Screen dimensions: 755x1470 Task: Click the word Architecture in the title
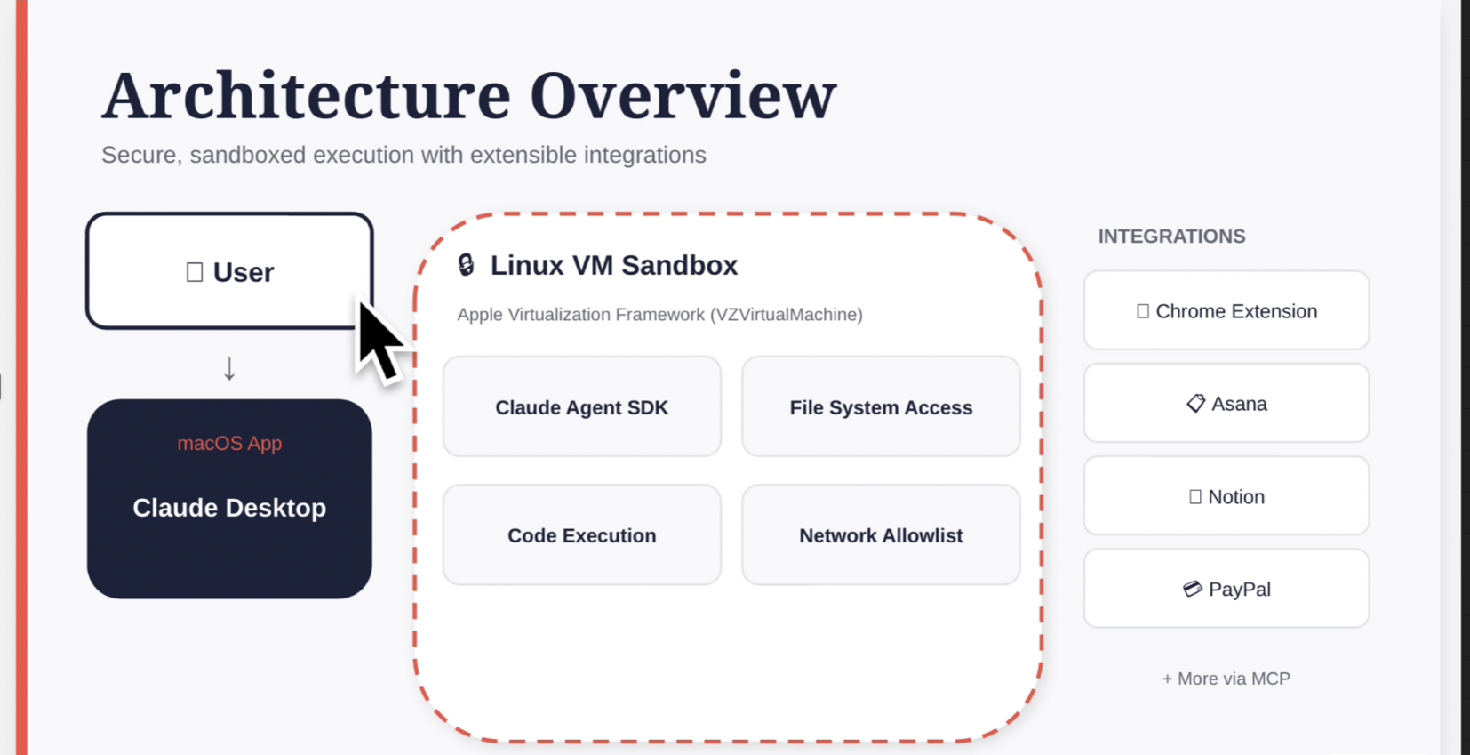pyautogui.click(x=306, y=96)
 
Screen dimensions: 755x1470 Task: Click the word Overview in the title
pyautogui.click(x=683, y=96)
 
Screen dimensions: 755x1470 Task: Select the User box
pyautogui.click(x=229, y=271)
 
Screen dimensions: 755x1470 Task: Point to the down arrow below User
pyautogui.click(x=229, y=368)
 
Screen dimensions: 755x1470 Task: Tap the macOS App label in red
pyautogui.click(x=229, y=443)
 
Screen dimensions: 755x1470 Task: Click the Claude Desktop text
pyautogui.click(x=229, y=508)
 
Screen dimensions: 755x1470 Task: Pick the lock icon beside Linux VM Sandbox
pyautogui.click(x=466, y=265)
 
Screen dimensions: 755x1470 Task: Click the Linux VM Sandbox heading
pyautogui.click(x=613, y=265)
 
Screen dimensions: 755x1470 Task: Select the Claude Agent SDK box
pyautogui.click(x=581, y=407)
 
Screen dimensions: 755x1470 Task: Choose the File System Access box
pyautogui.click(x=881, y=407)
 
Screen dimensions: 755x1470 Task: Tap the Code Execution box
pyautogui.click(x=581, y=535)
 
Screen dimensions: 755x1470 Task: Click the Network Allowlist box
pyautogui.click(x=881, y=535)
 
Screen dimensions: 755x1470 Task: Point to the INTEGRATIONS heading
pyautogui.click(x=1171, y=237)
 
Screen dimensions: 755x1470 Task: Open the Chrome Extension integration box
pyautogui.click(x=1226, y=311)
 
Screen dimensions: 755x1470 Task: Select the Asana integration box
pyautogui.click(x=1226, y=404)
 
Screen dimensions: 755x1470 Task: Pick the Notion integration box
pyautogui.click(x=1226, y=497)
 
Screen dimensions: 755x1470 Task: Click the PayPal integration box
pyautogui.click(x=1226, y=590)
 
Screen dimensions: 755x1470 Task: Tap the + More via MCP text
pyautogui.click(x=1226, y=679)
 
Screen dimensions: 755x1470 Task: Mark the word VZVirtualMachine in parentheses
pyautogui.click(x=786, y=315)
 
